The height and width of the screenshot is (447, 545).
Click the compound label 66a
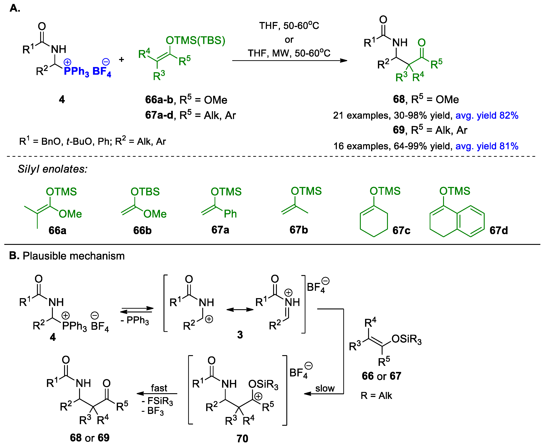57,230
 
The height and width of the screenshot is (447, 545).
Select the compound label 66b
142,230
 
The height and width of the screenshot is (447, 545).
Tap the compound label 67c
401,230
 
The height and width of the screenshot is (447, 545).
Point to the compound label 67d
498,230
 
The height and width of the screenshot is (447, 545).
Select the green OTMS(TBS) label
195,40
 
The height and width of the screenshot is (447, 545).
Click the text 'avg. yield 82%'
487,115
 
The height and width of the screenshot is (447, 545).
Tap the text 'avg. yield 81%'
487,146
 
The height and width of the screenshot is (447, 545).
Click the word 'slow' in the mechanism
325,388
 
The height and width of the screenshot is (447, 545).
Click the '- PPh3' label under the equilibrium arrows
135,320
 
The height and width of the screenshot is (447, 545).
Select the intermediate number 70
242,438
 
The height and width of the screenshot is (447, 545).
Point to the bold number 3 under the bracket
240,335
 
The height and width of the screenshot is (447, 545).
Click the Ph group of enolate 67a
230,214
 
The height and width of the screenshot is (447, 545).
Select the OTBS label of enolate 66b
145,192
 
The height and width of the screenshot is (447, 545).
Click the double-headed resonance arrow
240,310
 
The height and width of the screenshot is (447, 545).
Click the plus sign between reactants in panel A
121,60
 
